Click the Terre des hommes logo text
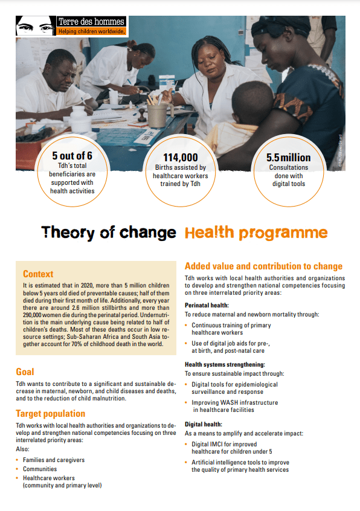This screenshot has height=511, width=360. coord(91,22)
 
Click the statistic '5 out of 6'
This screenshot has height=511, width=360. coord(72,156)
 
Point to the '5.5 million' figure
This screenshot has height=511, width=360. coord(288,157)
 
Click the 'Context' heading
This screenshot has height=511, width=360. coord(38,274)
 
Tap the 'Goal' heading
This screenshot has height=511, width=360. coord(25,372)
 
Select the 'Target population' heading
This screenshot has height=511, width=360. coord(50,414)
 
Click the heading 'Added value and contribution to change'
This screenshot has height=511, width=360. coord(263,266)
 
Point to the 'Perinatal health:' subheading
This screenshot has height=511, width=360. coord(207,305)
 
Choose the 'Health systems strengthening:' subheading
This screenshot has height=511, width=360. coord(225,364)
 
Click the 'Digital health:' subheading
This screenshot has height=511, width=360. coord(204,424)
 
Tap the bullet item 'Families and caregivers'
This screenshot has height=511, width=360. coord(54,460)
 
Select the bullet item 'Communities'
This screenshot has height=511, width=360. coord(40,469)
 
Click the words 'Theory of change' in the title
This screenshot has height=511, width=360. coord(109,233)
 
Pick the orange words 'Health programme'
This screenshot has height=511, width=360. coord(256,233)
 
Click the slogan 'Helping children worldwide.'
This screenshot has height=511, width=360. coord(92,31)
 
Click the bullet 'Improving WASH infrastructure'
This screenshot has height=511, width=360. coord(235,402)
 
